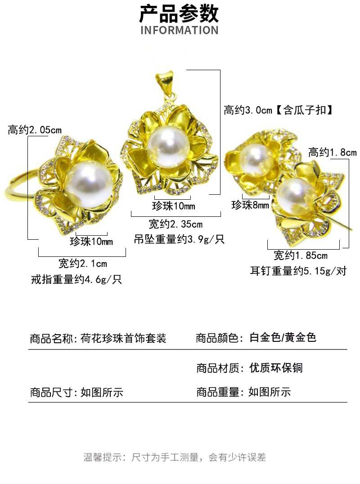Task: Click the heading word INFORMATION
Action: (179, 31)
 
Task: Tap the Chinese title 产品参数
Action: (179, 13)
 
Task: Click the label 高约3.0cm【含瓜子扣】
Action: (279, 110)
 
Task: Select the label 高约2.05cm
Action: (35, 130)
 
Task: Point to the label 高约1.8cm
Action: (332, 152)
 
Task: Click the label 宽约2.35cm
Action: (175, 224)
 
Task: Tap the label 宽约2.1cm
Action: (83, 264)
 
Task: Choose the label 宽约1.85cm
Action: (301, 256)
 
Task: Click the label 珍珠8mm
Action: (250, 206)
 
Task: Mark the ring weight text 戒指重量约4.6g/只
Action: (76, 279)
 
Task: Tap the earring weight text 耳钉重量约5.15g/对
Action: (298, 271)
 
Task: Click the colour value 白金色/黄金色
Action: (283, 337)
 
